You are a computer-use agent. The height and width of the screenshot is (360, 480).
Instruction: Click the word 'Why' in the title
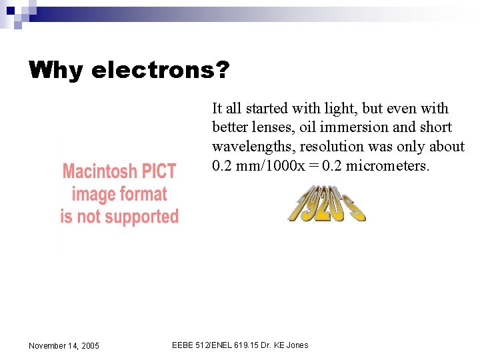pyautogui.click(x=55, y=69)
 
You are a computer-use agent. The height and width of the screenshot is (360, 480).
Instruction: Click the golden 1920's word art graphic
pyautogui.click(x=327, y=203)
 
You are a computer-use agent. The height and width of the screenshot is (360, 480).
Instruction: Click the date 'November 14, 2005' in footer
pyautogui.click(x=64, y=345)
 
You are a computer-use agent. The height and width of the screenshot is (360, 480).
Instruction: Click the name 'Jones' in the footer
pyautogui.click(x=296, y=345)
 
